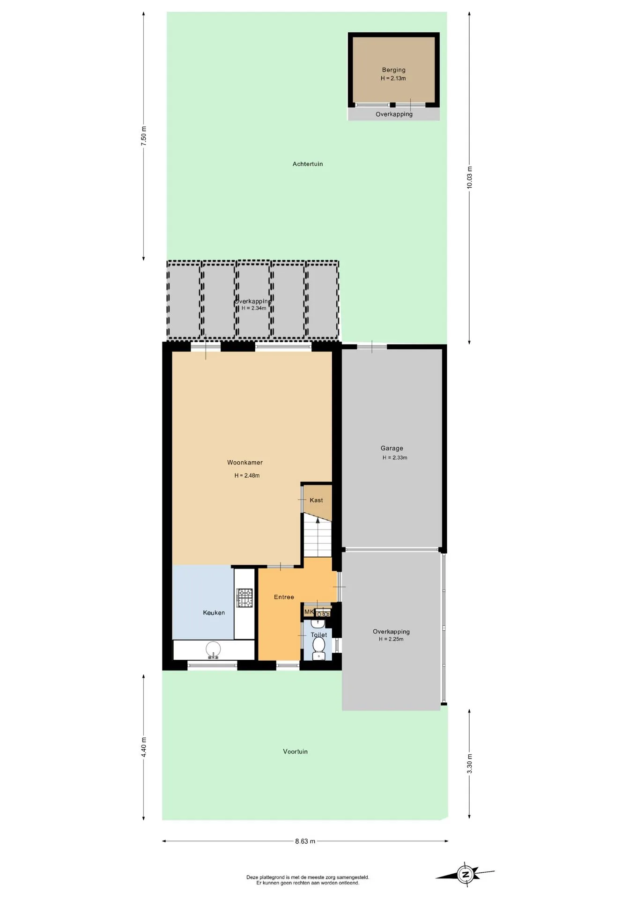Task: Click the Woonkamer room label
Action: point(245,463)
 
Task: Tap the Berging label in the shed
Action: point(393,70)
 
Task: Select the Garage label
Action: point(392,448)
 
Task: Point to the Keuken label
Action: point(214,612)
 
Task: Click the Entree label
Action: point(284,597)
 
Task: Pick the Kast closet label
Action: point(316,500)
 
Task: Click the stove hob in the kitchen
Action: point(244,598)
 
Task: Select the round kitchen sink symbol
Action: point(214,649)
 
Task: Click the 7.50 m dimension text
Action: point(144,136)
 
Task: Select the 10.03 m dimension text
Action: point(469,177)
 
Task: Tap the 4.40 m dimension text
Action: point(144,747)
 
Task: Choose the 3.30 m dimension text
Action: point(469,764)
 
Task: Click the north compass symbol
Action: point(465,874)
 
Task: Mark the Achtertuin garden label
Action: point(308,164)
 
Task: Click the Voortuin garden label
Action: point(295,752)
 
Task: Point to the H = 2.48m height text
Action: point(247,475)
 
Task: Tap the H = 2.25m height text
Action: point(391,639)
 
